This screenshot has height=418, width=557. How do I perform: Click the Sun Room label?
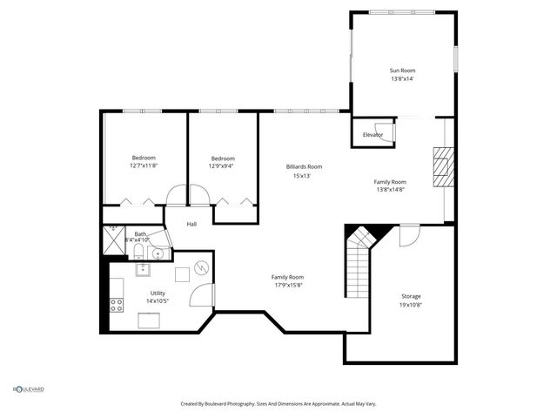(401, 70)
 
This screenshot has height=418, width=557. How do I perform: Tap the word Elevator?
(372, 135)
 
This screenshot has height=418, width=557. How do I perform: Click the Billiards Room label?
(304, 166)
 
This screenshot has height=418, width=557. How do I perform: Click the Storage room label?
(411, 297)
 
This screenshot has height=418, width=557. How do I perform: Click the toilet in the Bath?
(138, 253)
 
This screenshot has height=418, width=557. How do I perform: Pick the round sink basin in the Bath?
(157, 254)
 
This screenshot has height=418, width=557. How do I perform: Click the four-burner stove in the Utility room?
(115, 305)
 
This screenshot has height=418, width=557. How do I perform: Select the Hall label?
(191, 225)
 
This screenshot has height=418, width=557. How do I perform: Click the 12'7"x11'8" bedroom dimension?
(144, 165)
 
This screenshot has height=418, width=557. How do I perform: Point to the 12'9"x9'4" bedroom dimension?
(220, 165)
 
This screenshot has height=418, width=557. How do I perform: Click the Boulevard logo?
(28, 389)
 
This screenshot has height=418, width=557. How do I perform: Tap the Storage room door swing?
(409, 234)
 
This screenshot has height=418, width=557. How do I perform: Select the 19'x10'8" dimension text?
(411, 306)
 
